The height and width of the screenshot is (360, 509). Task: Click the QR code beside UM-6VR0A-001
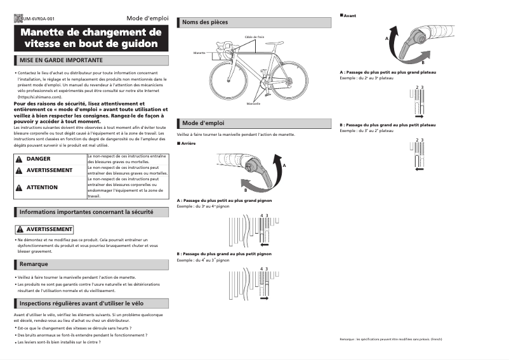pos(18,18)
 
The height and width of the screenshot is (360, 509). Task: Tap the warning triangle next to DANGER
pos(20,159)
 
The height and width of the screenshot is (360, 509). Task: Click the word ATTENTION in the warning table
pos(42,187)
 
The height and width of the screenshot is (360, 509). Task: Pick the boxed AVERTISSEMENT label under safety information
pos(44,229)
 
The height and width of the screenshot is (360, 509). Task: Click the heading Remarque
pos(34,263)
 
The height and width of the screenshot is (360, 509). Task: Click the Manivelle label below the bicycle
pos(254,103)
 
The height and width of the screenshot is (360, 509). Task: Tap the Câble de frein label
pos(255,37)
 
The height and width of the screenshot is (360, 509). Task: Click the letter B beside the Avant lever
pos(423,63)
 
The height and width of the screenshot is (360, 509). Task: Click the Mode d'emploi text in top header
pos(147,18)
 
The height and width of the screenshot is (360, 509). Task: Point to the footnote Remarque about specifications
pos(391,340)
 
